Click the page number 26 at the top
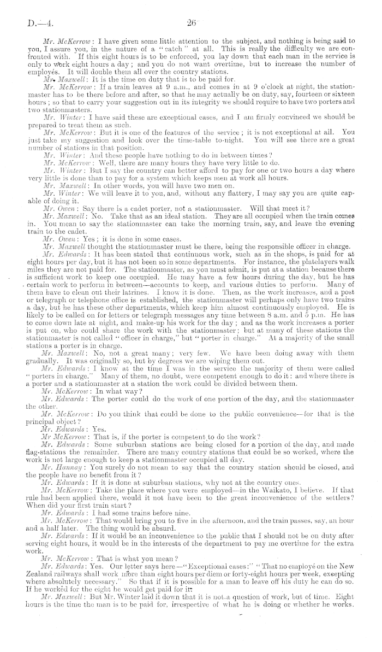click(190, 24)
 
